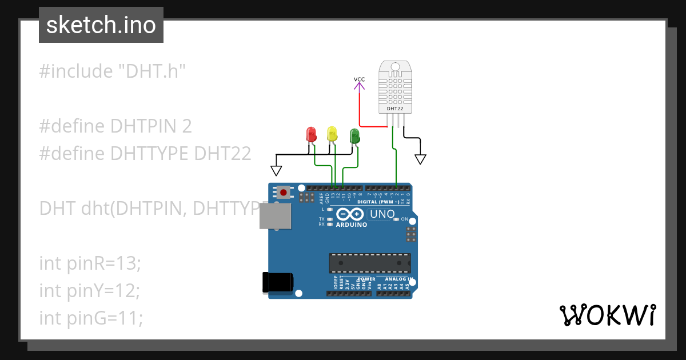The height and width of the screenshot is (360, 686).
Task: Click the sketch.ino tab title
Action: tap(101, 25)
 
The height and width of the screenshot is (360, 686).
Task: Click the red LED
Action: tap(312, 135)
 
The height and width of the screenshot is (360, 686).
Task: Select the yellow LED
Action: tap(332, 134)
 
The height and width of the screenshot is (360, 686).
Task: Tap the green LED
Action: tap(354, 136)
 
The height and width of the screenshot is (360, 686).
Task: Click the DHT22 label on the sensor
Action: tap(394, 108)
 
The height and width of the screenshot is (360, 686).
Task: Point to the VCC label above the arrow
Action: tap(359, 79)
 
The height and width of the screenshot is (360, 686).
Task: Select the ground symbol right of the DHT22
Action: tap(421, 158)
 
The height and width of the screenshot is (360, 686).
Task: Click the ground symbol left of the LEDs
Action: tap(277, 170)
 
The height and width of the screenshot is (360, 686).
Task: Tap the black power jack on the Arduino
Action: tap(278, 282)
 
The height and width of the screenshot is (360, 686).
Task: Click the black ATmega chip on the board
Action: tap(369, 263)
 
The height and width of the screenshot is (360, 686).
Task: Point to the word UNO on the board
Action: tap(383, 214)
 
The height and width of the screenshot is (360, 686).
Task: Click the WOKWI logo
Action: tap(607, 315)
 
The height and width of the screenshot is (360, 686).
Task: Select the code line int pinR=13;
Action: tap(90, 263)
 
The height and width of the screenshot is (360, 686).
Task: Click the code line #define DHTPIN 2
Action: tap(115, 126)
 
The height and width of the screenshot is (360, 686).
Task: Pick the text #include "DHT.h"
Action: tap(113, 71)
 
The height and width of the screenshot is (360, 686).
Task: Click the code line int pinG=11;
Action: tap(91, 317)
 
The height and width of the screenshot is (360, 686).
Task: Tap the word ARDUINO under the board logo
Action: tap(352, 225)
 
